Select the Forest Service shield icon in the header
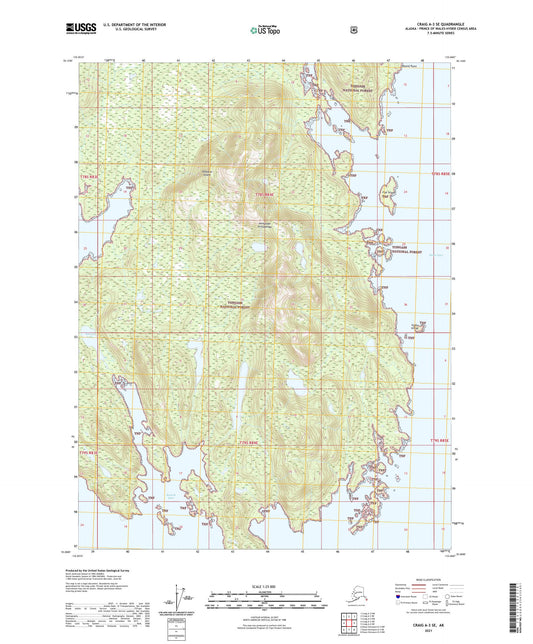353,30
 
